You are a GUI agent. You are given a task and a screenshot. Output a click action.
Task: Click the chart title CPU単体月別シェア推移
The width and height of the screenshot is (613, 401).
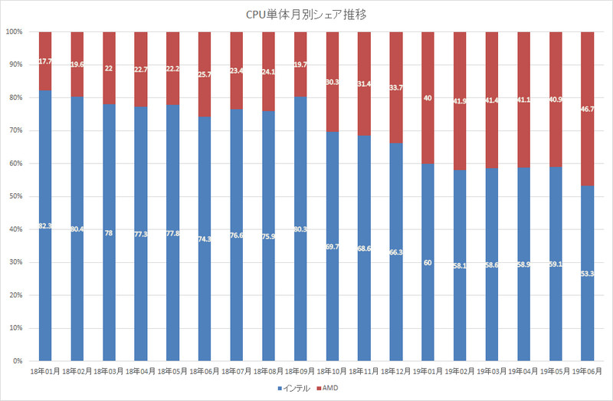[306, 13]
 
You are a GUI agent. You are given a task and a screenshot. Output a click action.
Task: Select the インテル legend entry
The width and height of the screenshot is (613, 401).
[291, 389]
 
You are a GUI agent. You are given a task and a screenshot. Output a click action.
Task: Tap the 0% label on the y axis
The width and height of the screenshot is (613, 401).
[18, 361]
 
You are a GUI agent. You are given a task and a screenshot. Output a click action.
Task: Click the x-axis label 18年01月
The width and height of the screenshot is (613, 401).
[44, 371]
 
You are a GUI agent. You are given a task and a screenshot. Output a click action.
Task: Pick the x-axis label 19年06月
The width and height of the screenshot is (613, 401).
[587, 371]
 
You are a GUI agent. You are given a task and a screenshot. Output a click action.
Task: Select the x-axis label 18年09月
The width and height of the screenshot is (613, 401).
[300, 371]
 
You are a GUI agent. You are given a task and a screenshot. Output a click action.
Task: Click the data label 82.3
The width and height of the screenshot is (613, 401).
[44, 225]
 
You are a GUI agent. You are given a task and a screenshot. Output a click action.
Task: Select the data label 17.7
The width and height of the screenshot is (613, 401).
[44, 61]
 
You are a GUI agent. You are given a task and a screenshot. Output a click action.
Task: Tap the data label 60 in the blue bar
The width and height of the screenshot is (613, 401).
[427, 262]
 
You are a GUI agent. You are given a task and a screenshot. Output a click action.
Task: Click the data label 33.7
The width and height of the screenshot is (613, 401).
[395, 87]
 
